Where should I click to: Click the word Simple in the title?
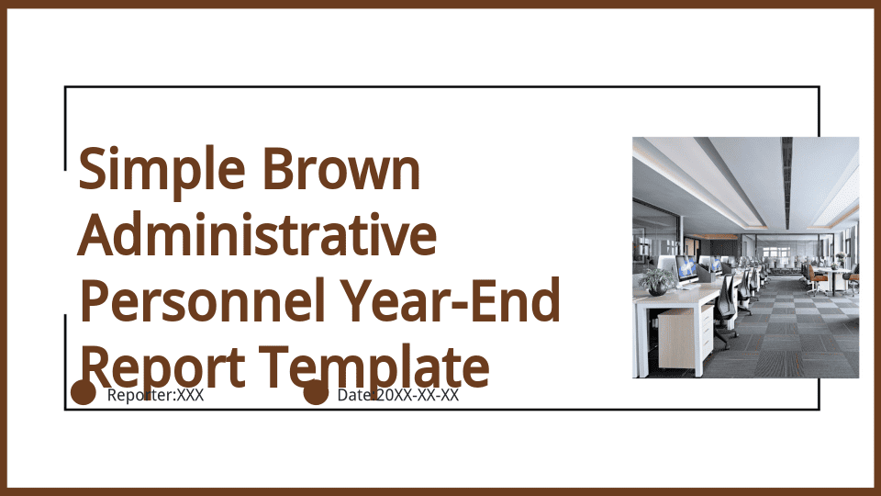click(x=162, y=170)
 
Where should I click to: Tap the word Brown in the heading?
click(x=341, y=168)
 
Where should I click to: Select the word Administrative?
click(x=257, y=234)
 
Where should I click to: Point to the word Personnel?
click(x=203, y=301)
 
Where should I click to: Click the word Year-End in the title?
click(x=452, y=301)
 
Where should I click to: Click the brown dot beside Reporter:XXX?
click(x=84, y=392)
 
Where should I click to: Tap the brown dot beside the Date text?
click(x=316, y=392)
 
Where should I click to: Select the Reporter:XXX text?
click(x=156, y=395)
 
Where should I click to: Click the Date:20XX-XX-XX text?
click(x=397, y=395)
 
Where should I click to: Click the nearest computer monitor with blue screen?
click(x=686, y=269)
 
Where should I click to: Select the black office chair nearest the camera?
click(x=726, y=312)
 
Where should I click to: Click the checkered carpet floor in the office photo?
click(x=786, y=332)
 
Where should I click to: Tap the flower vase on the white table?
click(x=840, y=260)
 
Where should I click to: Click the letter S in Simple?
click(x=92, y=170)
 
